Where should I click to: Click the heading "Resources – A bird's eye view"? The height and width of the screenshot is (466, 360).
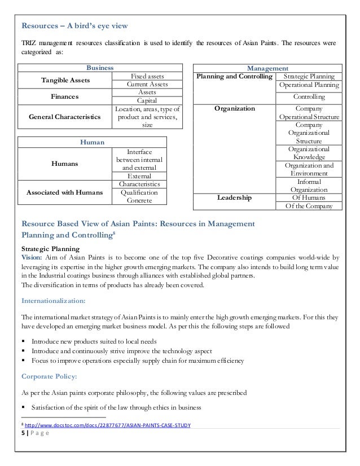pyautogui.click(x=74, y=25)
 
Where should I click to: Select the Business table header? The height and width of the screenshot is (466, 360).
pyautogui.click(x=99, y=67)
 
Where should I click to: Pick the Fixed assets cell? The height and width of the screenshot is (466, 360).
pyautogui.click(x=147, y=76)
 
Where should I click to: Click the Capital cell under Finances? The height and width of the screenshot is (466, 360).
pyautogui.click(x=147, y=100)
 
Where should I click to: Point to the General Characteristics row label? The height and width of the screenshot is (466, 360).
pyautogui.click(x=60, y=117)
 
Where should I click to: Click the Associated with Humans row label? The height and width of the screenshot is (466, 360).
pyautogui.click(x=60, y=192)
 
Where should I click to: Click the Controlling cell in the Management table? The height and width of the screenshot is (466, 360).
pyautogui.click(x=309, y=97)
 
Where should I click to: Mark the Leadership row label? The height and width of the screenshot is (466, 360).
pyautogui.click(x=235, y=197)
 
